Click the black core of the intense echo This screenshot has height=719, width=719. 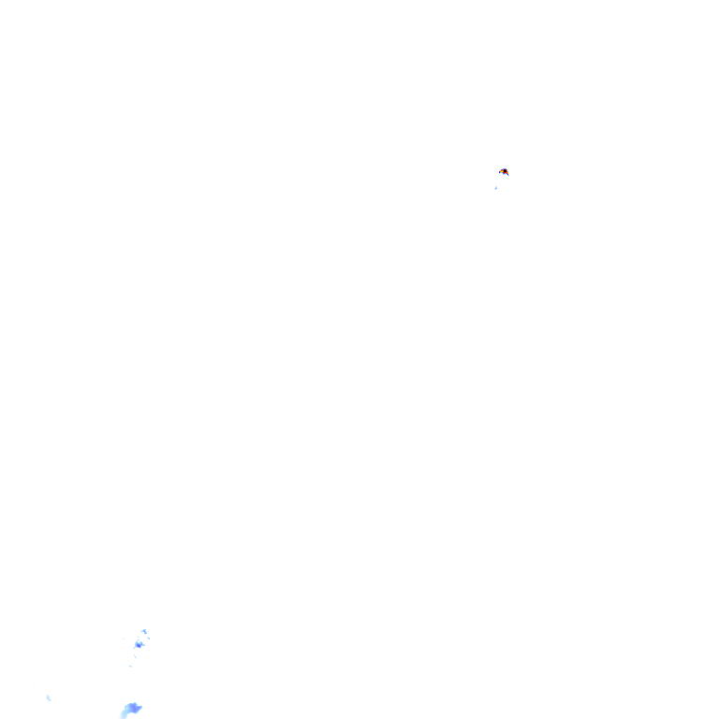pyautogui.click(x=505, y=171)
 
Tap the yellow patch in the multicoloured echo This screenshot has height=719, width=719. pyautogui.click(x=502, y=171)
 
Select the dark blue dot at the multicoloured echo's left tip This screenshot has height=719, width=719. pyautogui.click(x=499, y=172)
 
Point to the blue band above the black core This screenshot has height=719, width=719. pyautogui.click(x=505, y=169)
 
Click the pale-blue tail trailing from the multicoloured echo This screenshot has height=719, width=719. pyautogui.click(x=508, y=176)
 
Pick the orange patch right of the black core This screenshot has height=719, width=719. pyautogui.click(x=507, y=173)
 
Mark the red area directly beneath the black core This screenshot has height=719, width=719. pyautogui.click(x=505, y=173)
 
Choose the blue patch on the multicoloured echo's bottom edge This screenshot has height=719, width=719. pyautogui.click(x=504, y=174)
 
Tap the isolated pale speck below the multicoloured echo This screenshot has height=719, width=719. pyautogui.click(x=496, y=188)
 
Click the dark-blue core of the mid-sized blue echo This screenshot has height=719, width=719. pyautogui.click(x=139, y=645)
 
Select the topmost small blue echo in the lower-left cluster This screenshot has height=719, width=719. pyautogui.click(x=144, y=631)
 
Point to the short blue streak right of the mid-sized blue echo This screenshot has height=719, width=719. pyautogui.click(x=149, y=638)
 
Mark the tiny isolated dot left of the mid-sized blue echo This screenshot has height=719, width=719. pyautogui.click(x=124, y=638)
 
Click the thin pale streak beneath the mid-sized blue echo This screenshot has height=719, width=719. pyautogui.click(x=135, y=656)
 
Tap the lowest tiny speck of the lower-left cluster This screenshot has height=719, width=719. pyautogui.click(x=130, y=666)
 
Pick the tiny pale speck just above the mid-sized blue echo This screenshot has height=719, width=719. pyautogui.click(x=139, y=637)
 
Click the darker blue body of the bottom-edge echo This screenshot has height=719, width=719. pyautogui.click(x=134, y=707)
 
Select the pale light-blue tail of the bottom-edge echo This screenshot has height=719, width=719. pyautogui.click(x=125, y=714)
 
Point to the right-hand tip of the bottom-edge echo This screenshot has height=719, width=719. pyautogui.click(x=140, y=707)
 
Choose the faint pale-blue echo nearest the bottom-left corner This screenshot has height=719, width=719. pyautogui.click(x=49, y=697)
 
